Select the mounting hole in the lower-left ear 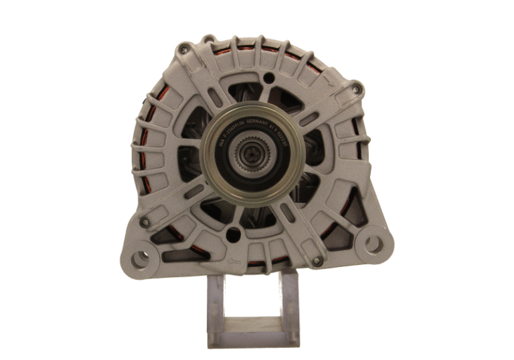[x=138, y=256]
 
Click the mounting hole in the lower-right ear [x=373, y=244]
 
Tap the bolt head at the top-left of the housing [x=183, y=50]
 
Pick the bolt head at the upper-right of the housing [x=357, y=88]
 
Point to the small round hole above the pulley [x=268, y=78]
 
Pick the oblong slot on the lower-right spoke [x=288, y=211]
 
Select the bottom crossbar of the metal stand [x=253, y=341]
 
